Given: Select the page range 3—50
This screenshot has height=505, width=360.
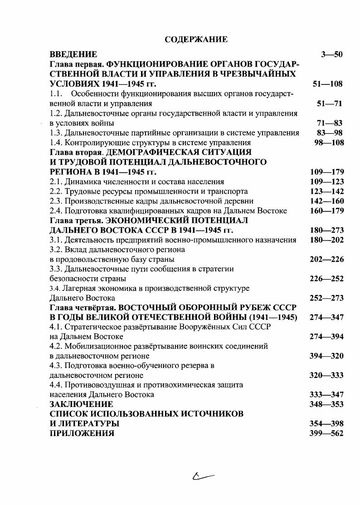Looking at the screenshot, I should pos(331,54).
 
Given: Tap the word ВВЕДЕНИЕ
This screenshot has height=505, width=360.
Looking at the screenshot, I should pos(73,54).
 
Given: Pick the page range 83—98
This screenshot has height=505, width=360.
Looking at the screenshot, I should pos(329,133).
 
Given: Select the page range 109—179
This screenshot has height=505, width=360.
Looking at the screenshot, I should pos(326,172).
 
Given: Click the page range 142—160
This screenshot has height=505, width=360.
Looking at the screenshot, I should pos(326,201).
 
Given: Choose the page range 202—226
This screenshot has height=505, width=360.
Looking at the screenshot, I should pos(326,260).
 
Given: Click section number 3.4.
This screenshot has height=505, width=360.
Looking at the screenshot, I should pos(55,289).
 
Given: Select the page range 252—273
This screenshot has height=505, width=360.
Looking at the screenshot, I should pos(326,298).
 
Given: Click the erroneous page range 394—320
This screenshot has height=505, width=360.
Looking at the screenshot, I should pos(326,356).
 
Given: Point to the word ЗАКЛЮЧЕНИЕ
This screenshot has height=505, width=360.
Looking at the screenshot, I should pos(81,404).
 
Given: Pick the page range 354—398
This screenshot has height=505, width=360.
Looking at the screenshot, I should pos(326,424).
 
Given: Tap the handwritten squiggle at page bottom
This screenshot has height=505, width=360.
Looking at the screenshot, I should pos(203,475).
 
